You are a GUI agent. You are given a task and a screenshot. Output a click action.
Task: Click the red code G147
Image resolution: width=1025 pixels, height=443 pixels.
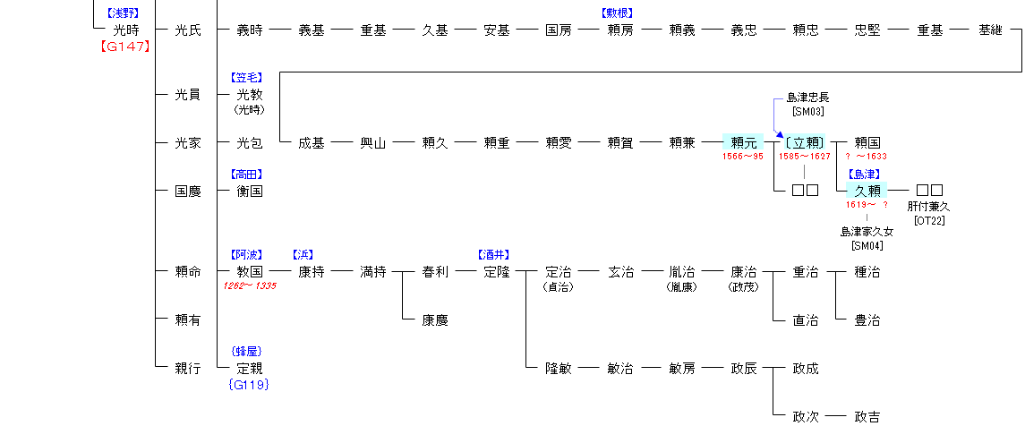coord(125,47)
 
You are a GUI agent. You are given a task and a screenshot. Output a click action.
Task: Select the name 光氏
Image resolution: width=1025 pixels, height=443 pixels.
coord(188,30)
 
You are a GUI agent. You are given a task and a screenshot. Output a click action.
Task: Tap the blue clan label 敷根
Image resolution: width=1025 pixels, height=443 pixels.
coord(620,13)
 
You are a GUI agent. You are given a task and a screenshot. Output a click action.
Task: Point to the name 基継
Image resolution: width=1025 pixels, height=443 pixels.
coord(991,30)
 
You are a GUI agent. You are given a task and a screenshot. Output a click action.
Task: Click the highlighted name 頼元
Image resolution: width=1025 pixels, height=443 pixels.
coord(744,142)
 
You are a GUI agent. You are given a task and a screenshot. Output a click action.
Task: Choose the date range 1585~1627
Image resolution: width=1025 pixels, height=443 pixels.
coord(805,157)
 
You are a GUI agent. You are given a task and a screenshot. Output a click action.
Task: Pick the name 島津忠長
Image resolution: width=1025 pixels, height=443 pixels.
coord(807,98)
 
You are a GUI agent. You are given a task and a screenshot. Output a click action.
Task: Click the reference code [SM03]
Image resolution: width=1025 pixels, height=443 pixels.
coord(807,111)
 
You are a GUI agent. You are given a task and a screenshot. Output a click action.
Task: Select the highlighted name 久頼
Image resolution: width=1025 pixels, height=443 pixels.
coord(867,191)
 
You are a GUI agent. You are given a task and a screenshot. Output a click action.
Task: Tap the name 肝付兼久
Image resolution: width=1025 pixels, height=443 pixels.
coord(930,207)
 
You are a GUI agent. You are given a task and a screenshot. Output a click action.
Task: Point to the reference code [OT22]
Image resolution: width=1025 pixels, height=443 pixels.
coord(930,220)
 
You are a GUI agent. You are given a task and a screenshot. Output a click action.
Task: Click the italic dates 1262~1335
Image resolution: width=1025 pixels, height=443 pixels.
coord(250,285)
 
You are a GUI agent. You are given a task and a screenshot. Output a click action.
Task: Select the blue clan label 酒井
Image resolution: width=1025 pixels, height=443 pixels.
coord(497,255)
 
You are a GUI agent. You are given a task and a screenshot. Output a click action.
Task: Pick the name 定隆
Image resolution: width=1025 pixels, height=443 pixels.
coord(497,271)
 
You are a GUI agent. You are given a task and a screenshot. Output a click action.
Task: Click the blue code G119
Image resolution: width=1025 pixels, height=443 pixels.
coord(250,385)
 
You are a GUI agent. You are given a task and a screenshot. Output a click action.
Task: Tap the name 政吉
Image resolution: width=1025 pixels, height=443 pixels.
coord(867,416)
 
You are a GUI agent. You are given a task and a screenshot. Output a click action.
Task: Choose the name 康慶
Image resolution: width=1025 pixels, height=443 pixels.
coord(435,319)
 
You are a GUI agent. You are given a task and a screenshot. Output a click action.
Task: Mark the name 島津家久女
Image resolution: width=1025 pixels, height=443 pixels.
coord(867,233)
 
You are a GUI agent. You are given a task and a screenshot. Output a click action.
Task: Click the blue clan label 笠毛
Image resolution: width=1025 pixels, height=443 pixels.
coord(250,78)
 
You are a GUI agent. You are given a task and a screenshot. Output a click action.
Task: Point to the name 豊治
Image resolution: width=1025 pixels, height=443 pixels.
coord(867,319)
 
